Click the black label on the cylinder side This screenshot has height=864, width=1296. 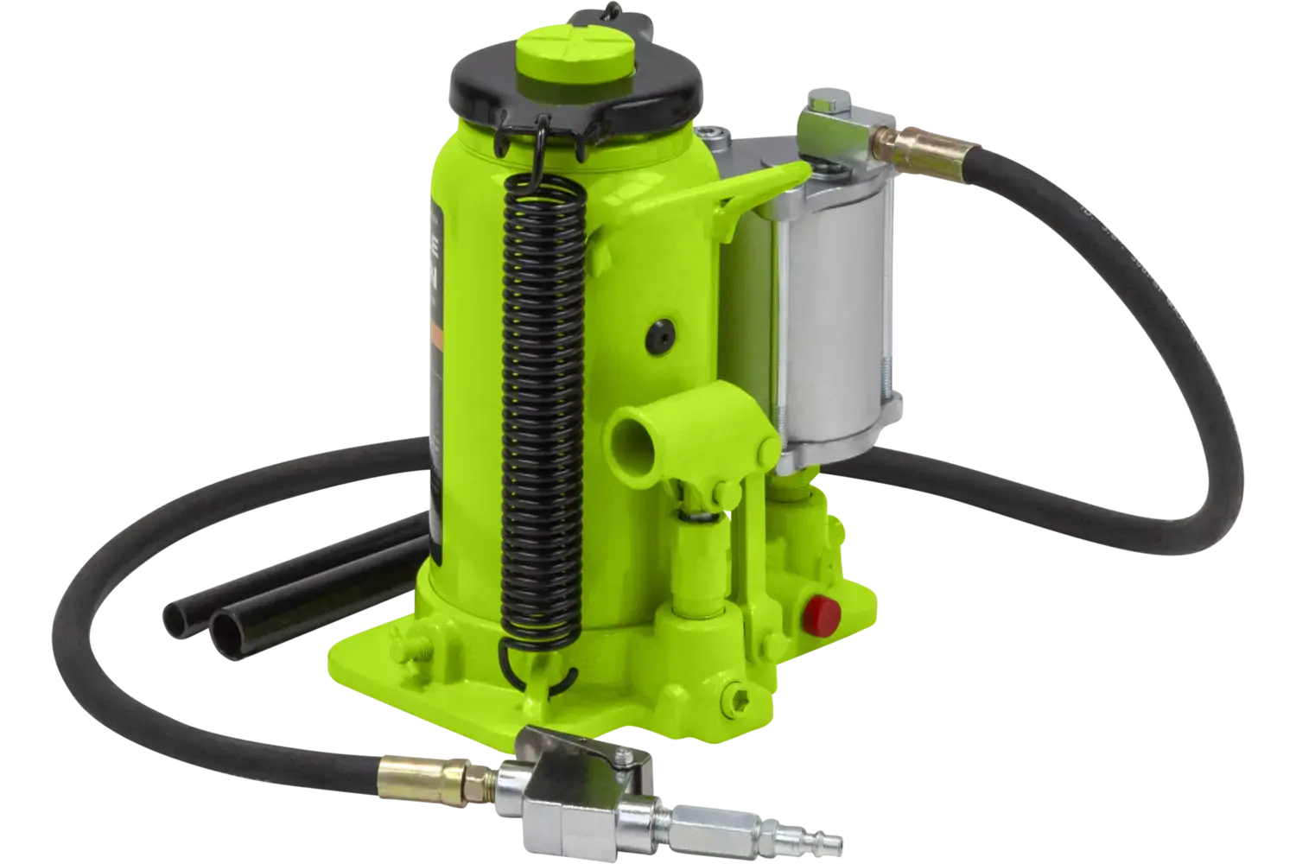pos(442,346)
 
